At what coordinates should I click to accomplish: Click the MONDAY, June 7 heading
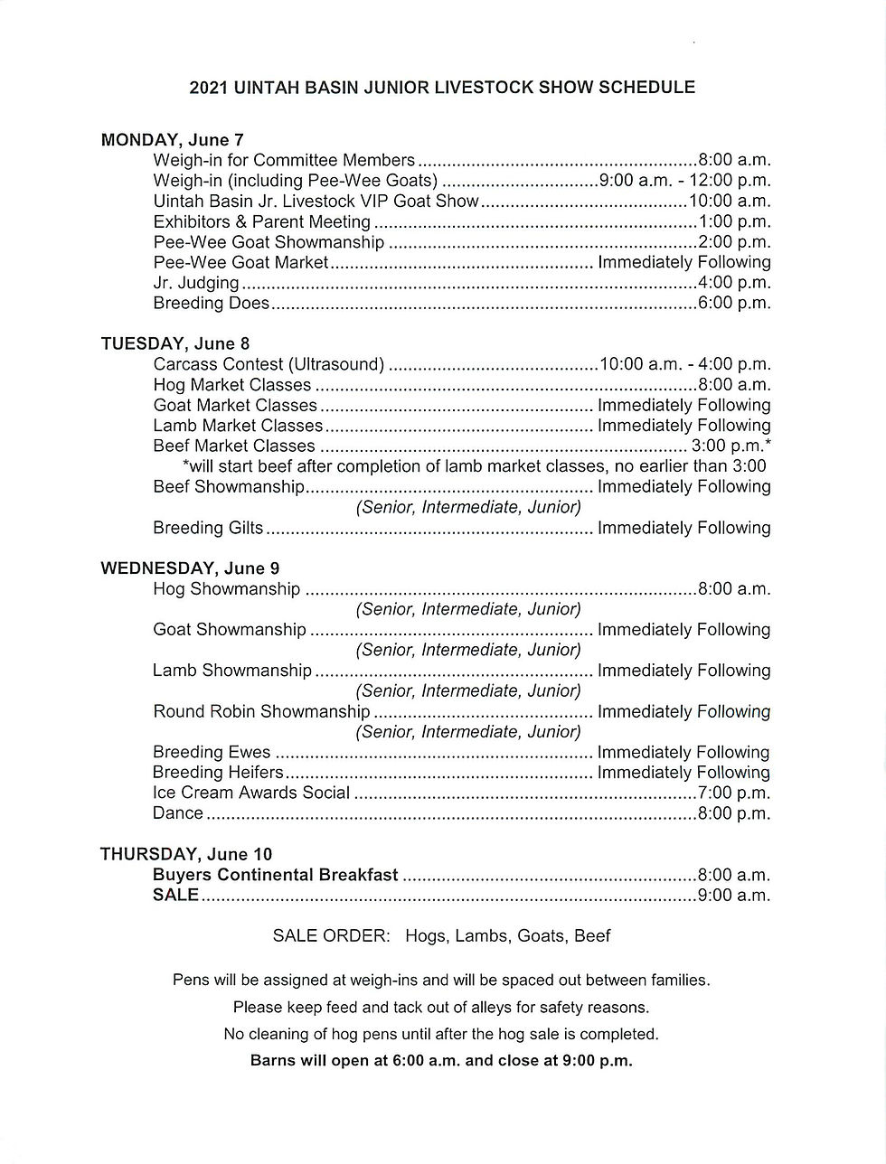pyautogui.click(x=172, y=140)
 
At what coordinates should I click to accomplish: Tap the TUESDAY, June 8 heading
pyautogui.click(x=174, y=343)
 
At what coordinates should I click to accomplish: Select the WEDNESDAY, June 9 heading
pyautogui.click(x=190, y=568)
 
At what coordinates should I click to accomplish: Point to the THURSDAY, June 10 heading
pyautogui.click(x=185, y=854)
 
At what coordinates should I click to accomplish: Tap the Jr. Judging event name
pyautogui.click(x=196, y=283)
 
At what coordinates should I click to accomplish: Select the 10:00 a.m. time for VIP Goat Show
pyautogui.click(x=729, y=201)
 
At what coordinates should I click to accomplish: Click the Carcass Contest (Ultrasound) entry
pyautogui.click(x=269, y=364)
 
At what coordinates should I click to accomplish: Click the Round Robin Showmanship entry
pyautogui.click(x=261, y=711)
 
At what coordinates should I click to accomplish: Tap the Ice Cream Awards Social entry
pyautogui.click(x=250, y=793)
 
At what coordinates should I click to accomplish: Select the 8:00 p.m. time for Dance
pyautogui.click(x=733, y=813)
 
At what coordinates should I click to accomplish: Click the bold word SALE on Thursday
pyautogui.click(x=175, y=895)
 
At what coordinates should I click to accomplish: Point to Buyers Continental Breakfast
pyautogui.click(x=275, y=875)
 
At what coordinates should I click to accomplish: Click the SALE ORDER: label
pyautogui.click(x=331, y=936)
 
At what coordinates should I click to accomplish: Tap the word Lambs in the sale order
pyautogui.click(x=482, y=936)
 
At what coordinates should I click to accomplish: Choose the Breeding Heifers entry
pyautogui.click(x=218, y=773)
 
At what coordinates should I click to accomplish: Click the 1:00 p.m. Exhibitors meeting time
pyautogui.click(x=733, y=221)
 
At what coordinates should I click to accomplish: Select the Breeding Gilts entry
pyautogui.click(x=208, y=528)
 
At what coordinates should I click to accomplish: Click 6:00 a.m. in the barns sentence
pyautogui.click(x=426, y=1061)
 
